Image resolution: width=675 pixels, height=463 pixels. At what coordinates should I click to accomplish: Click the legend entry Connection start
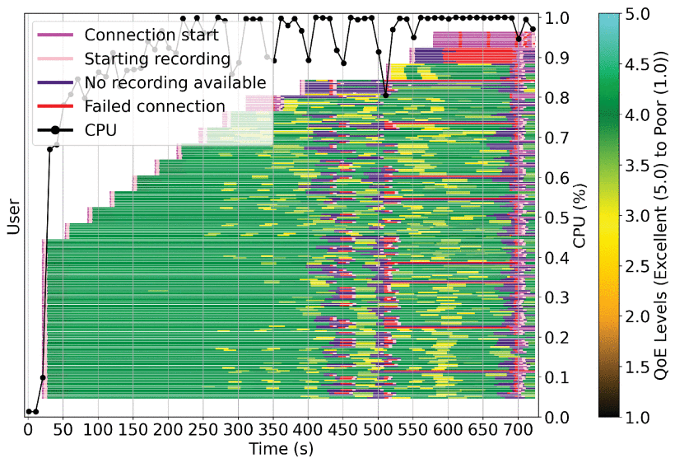pos(151,35)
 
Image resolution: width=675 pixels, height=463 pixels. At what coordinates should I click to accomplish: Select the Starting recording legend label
pos(157,59)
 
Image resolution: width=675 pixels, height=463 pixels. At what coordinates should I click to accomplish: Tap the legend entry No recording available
pos(175,82)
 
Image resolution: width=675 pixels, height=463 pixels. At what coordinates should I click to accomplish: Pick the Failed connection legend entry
pos(155,106)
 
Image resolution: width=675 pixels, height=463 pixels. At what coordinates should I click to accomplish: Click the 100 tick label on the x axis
pos(98,430)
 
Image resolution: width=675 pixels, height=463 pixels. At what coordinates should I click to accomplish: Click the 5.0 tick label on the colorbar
pos(637,14)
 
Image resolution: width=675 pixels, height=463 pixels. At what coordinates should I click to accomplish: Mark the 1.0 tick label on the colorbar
pos(637,418)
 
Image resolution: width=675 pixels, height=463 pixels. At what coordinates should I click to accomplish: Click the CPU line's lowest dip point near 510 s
pos(385,96)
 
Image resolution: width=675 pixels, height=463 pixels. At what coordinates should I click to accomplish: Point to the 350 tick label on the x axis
pos(273,430)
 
